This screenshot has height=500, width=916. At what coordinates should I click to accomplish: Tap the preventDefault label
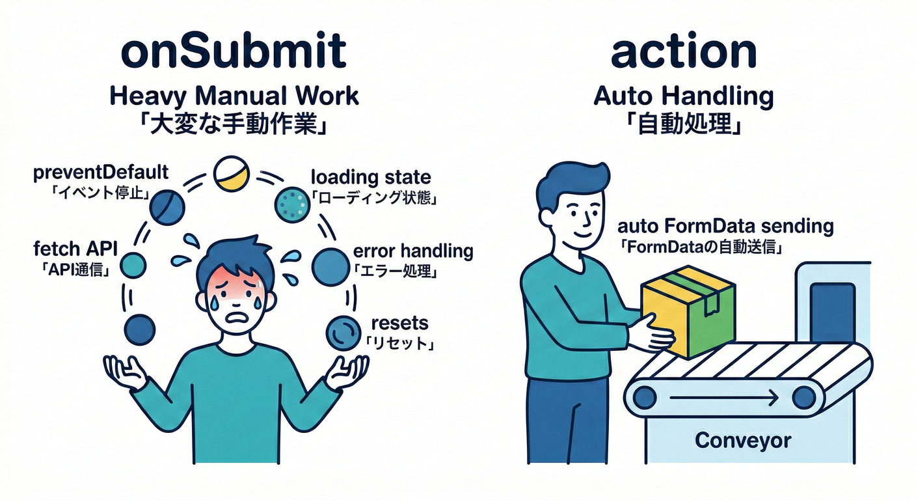(x=100, y=173)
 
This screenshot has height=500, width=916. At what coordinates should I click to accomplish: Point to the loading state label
(x=371, y=176)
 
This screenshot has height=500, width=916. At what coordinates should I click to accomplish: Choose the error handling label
(x=412, y=251)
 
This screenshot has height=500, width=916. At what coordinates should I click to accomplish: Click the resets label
(x=399, y=322)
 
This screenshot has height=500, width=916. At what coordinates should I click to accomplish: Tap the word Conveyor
(x=743, y=441)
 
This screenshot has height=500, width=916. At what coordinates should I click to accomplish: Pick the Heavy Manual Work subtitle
(x=234, y=96)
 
